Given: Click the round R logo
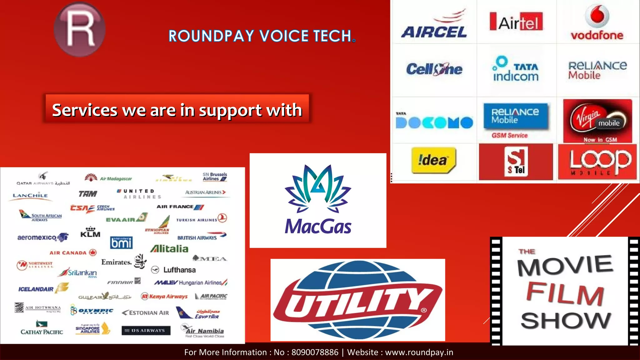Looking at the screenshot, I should coord(79,29).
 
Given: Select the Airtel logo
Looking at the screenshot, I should coord(516,22).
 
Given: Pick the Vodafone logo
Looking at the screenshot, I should coord(597,23).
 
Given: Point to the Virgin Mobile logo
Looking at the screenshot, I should coord(597,121).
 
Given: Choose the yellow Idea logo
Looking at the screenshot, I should coord(433,160).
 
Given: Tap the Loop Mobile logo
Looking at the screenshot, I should coord(597,162).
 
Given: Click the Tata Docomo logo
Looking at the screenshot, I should coord(434,122).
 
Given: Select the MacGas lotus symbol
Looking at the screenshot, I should coord(318,187).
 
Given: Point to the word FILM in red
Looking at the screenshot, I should coord(565,294).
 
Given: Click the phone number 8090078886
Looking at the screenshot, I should coord(315,352).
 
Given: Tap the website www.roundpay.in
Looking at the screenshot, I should coord(419,352).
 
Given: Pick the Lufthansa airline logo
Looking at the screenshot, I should coord(173,270).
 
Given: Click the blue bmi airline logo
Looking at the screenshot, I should coord(121,243).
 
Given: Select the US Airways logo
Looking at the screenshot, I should coord(146,330).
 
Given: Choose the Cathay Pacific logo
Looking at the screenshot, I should coord(42,328).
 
